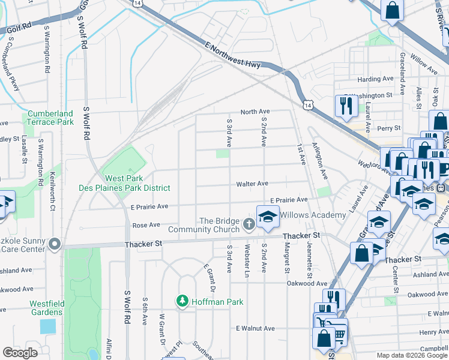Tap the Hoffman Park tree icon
[x=181, y=301]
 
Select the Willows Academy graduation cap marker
[x=268, y=217]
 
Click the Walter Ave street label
[x=252, y=184]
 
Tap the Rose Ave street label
[x=146, y=226]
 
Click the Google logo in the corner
[x=20, y=353]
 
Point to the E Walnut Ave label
[x=255, y=329]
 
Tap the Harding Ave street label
[x=375, y=79]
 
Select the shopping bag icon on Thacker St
[x=363, y=252]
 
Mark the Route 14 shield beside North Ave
[x=307, y=105]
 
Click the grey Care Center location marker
[x=55, y=244]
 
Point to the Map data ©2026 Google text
[x=411, y=355]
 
